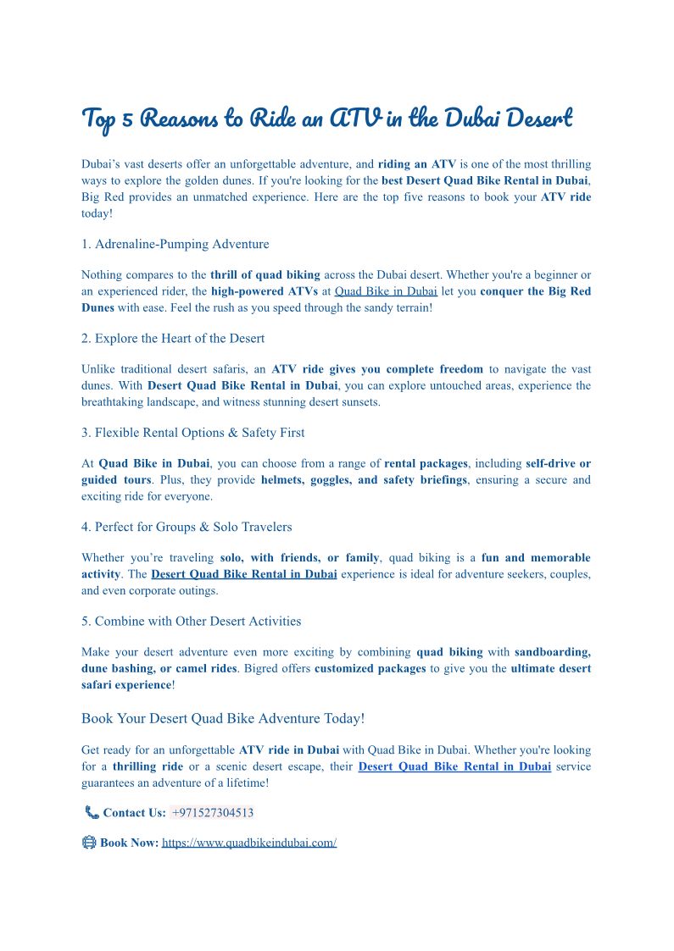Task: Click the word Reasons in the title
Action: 179,119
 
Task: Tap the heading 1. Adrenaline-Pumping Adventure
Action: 175,244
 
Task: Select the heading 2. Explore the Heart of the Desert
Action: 173,338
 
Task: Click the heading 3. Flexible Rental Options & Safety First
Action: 193,432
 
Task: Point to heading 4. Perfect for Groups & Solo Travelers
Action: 187,527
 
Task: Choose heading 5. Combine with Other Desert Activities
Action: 192,621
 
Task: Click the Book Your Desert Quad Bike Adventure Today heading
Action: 223,718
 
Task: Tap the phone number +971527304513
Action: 213,813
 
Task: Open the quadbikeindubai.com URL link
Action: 249,843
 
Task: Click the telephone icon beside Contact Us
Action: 92,813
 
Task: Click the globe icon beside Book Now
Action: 89,843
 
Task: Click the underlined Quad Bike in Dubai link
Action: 386,291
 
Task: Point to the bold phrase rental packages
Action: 426,463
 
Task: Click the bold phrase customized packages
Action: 370,668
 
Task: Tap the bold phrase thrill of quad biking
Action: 265,274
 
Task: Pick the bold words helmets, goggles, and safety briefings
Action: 364,480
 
